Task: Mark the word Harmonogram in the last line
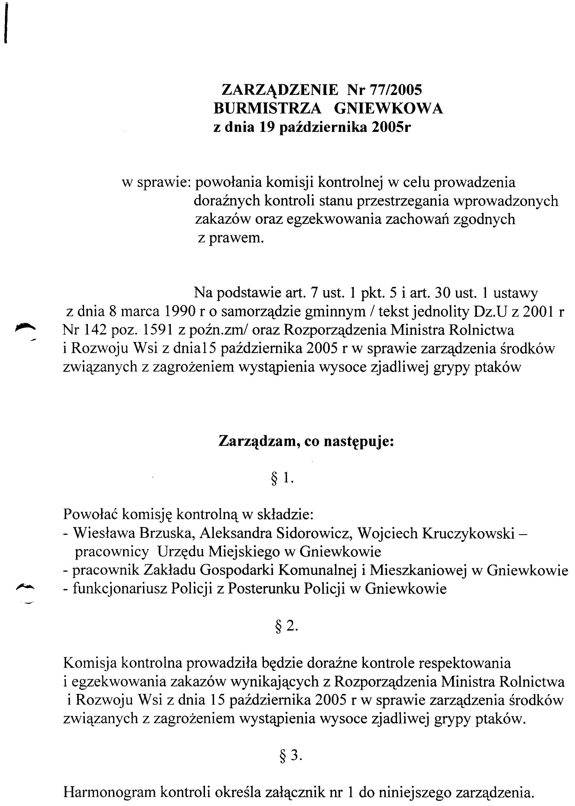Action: [x=109, y=793]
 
